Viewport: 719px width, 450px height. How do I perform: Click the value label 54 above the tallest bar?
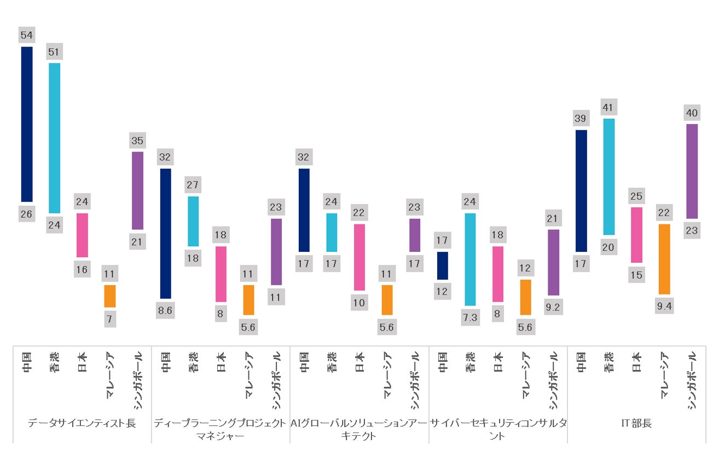coord(27,36)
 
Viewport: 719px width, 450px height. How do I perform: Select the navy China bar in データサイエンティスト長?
coord(27,124)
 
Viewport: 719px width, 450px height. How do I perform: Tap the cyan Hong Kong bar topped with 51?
coord(54,138)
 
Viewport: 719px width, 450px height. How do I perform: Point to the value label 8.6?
coord(165,310)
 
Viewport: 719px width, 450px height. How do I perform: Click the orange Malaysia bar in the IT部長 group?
coord(664,259)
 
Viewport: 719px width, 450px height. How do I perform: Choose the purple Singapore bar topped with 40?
coord(692,171)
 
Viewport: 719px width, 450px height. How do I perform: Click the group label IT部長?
coord(636,424)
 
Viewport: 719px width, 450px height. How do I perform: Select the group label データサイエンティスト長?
coord(82,424)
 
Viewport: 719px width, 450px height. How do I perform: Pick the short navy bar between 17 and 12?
coord(443,266)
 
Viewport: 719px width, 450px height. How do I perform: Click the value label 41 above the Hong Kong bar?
coord(609,107)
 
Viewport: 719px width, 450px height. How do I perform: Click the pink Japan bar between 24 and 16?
coord(82,235)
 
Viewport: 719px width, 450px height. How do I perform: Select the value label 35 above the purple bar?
coord(137,141)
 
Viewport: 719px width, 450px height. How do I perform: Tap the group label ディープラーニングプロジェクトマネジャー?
coord(220,430)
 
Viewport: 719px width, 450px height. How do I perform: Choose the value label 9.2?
coord(553,308)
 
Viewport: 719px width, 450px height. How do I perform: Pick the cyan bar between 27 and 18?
coord(193,221)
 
